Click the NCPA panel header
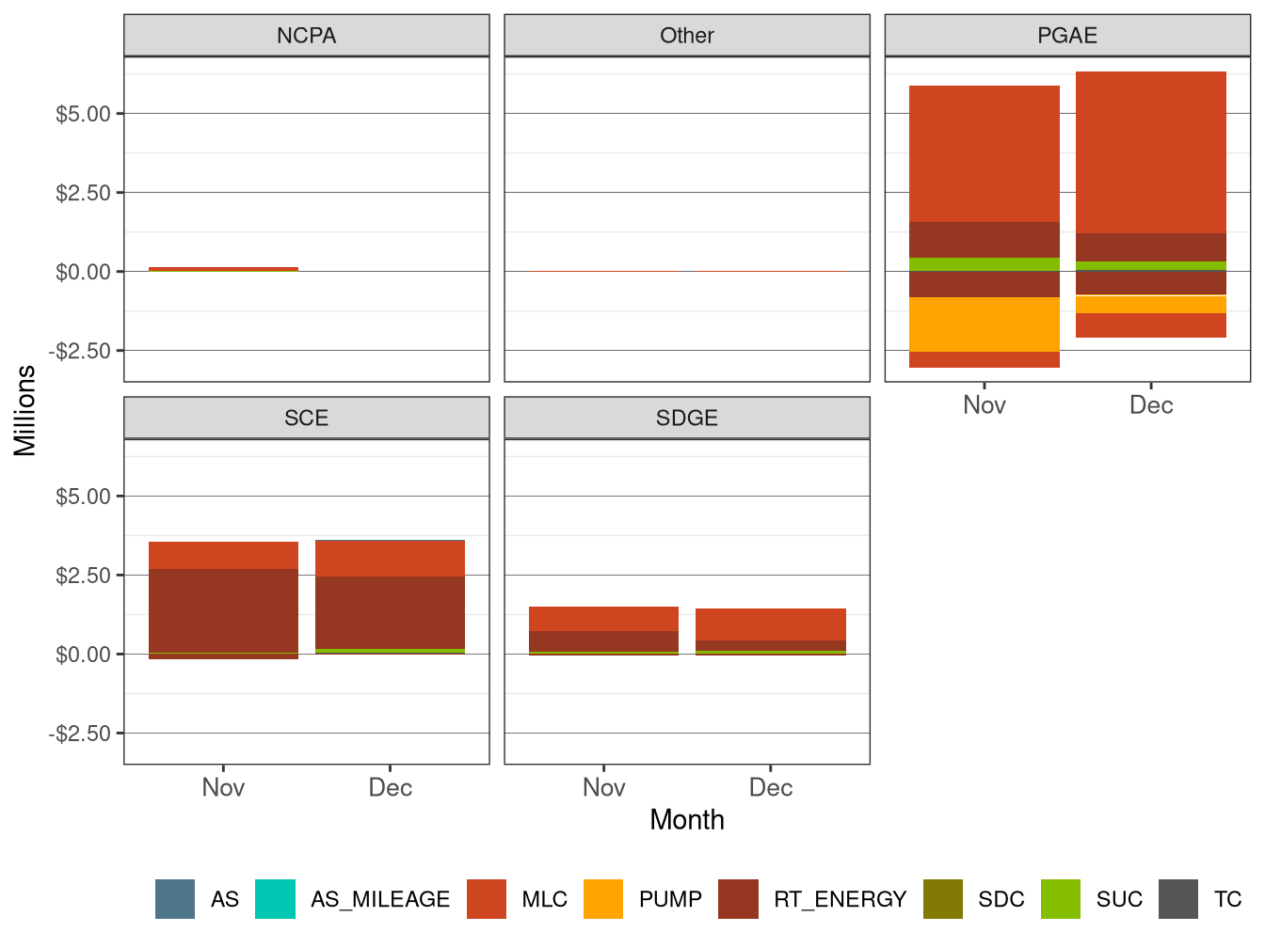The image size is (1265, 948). tap(306, 36)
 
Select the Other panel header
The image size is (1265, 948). tap(686, 36)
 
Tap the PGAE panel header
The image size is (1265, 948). tap(1066, 36)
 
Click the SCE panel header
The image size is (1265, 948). tap(306, 419)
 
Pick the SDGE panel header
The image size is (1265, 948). tap(686, 419)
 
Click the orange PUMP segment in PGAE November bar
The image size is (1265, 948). tap(984, 324)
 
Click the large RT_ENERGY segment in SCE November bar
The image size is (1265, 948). tap(223, 610)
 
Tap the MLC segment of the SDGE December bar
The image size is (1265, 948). tap(770, 624)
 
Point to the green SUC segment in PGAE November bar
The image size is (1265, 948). tap(984, 264)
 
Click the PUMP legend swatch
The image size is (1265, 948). tap(603, 899)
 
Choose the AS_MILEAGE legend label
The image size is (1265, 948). tap(380, 900)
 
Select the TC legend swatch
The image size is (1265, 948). tap(1178, 899)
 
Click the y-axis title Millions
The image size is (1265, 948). tap(25, 410)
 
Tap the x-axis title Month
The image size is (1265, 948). tap(686, 820)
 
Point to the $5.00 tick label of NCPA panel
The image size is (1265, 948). tap(83, 114)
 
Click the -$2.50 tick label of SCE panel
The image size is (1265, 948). tap(80, 734)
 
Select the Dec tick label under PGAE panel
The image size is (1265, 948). tap(1150, 405)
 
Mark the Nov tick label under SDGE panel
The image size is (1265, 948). tap(603, 788)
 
